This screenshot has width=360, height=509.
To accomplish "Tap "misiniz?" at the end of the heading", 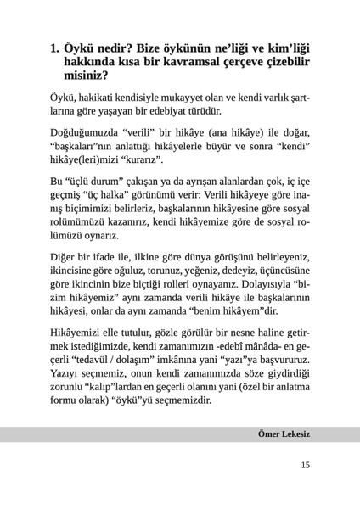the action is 91,77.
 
